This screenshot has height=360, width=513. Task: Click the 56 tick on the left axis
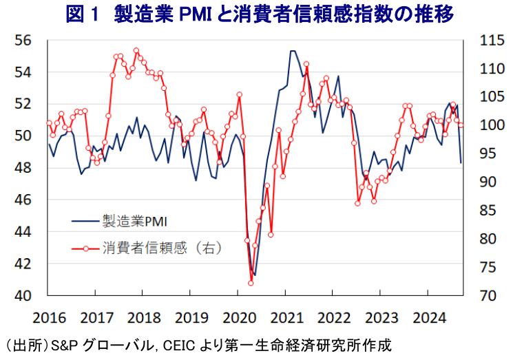pyautogui.click(x=23, y=40)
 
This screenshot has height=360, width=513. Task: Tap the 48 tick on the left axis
pyautogui.click(x=23, y=168)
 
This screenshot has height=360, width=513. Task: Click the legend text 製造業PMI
pyautogui.click(x=136, y=221)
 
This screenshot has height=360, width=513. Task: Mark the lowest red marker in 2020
pyautogui.click(x=251, y=283)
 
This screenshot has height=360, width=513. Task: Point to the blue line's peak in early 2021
pyautogui.click(x=292, y=51)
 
